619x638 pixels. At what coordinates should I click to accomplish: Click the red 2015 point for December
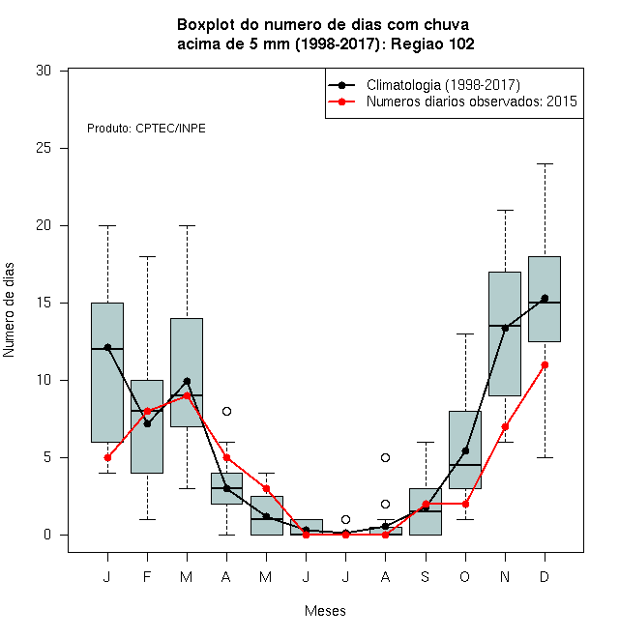tap(545, 365)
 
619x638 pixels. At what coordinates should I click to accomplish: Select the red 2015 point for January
tap(107, 458)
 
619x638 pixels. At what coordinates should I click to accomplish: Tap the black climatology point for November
tap(505, 328)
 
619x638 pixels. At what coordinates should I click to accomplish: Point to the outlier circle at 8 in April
tap(227, 412)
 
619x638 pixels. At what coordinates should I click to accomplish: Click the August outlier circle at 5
tap(385, 458)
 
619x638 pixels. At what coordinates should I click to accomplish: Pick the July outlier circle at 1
tap(345, 520)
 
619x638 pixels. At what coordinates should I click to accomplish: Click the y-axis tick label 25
tap(44, 148)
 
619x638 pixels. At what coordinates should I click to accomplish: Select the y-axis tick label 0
tap(47, 535)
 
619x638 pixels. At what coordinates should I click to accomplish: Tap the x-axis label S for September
tap(426, 577)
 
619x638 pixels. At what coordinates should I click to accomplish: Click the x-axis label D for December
tap(545, 577)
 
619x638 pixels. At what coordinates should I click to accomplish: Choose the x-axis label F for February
tap(147, 577)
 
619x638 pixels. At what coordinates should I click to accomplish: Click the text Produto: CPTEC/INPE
tap(146, 129)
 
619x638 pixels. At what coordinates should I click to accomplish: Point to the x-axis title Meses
tap(325, 611)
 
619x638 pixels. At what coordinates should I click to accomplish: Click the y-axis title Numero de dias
tap(9, 310)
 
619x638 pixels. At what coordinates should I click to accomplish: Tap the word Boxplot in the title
tap(206, 25)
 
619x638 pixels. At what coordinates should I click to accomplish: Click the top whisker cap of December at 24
tap(545, 164)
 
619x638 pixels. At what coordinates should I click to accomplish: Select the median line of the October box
tap(465, 465)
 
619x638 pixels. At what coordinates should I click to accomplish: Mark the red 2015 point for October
tap(465, 505)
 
